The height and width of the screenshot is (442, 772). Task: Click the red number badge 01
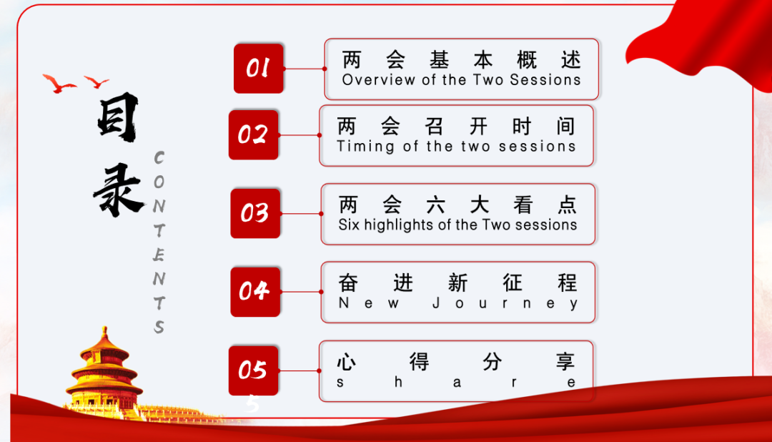pyautogui.click(x=258, y=69)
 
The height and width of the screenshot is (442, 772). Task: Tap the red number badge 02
pyautogui.click(x=253, y=134)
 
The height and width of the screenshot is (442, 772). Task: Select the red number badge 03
pyautogui.click(x=255, y=213)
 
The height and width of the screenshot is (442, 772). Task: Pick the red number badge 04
pyautogui.click(x=254, y=291)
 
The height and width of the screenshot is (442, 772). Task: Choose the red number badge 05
pyautogui.click(x=253, y=370)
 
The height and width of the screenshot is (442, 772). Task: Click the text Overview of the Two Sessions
pyautogui.click(x=461, y=80)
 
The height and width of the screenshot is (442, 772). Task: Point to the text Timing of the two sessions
pyautogui.click(x=456, y=147)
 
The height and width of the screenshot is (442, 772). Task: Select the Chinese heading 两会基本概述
pyautogui.click(x=461, y=59)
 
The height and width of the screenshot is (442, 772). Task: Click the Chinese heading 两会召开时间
pyautogui.click(x=456, y=127)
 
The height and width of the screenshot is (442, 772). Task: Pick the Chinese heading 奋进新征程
pyautogui.click(x=457, y=283)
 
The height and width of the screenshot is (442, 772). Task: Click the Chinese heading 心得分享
pyautogui.click(x=456, y=361)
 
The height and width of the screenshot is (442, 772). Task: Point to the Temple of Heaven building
pyautogui.click(x=104, y=372)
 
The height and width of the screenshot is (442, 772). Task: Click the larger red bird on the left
pyautogui.click(x=59, y=84)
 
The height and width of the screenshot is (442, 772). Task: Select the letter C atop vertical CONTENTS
pyautogui.click(x=159, y=158)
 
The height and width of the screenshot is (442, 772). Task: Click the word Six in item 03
pyautogui.click(x=349, y=225)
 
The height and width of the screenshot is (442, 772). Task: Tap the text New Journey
pyautogui.click(x=457, y=303)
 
